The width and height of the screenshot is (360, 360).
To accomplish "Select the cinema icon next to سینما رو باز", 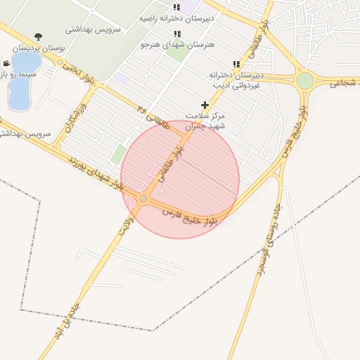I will [x=6, y=63].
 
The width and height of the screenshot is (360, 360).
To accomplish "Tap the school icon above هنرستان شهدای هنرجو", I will [x=176, y=34].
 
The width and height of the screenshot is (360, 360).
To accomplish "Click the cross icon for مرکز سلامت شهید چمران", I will [x=205, y=105].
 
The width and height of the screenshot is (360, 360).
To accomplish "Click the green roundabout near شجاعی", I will [x=304, y=81].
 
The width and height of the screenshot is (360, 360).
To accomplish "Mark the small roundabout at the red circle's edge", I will [x=143, y=199].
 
